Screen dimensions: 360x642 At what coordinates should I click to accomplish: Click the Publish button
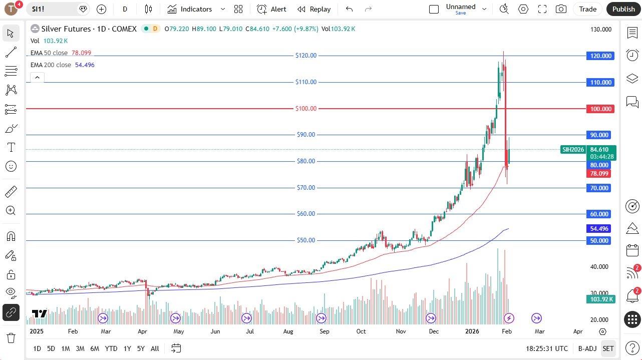[623, 9]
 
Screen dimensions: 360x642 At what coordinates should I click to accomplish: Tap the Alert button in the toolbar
[272, 9]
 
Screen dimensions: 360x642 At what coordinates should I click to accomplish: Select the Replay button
[314, 9]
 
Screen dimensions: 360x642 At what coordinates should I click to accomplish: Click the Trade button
[587, 9]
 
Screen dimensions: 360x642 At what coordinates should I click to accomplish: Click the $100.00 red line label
[306, 109]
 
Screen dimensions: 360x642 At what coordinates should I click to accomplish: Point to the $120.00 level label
[306, 56]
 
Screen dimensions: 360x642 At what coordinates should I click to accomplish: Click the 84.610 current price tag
[599, 149]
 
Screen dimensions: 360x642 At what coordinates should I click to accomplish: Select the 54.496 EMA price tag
[599, 229]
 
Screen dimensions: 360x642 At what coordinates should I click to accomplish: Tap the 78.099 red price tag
[599, 174]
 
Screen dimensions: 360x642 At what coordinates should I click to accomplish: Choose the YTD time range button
[111, 348]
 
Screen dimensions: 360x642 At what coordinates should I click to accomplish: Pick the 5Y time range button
[141, 348]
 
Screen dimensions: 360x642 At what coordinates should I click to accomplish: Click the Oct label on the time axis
[361, 331]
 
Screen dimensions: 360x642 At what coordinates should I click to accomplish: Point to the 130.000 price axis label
[600, 30]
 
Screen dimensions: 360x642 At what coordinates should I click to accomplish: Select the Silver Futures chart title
[83, 29]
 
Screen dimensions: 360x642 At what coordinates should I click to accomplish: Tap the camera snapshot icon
[561, 9]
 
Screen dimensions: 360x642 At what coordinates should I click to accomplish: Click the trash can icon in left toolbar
[11, 338]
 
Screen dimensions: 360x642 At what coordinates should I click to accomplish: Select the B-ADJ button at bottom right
[587, 348]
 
